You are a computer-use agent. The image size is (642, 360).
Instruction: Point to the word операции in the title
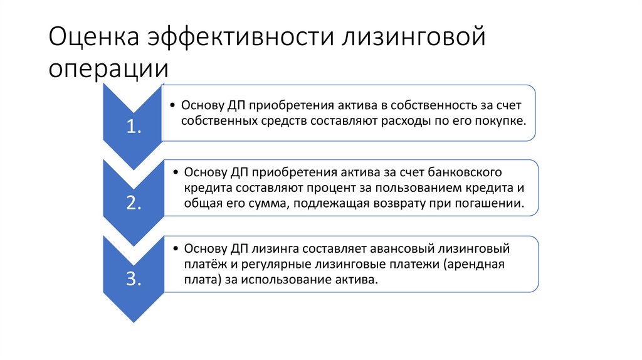tap(108, 68)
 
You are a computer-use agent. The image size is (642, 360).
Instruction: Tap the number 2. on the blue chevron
tap(134, 203)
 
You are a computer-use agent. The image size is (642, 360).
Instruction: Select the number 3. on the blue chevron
tap(134, 279)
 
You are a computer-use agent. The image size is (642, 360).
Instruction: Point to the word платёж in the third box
tap(203, 264)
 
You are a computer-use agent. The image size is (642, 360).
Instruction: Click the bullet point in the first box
tap(173, 105)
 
